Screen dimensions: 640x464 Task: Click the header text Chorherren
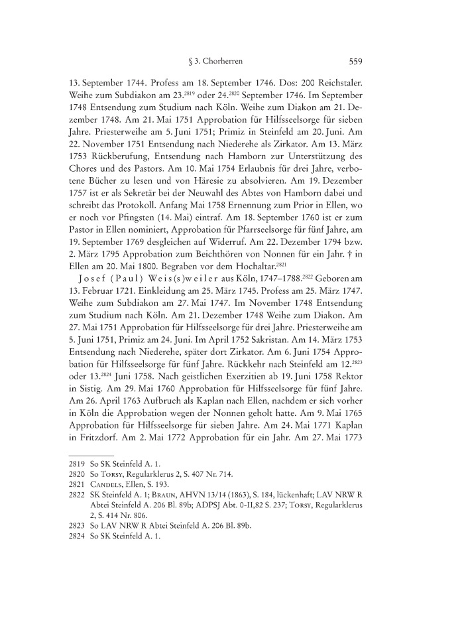tap(223, 62)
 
